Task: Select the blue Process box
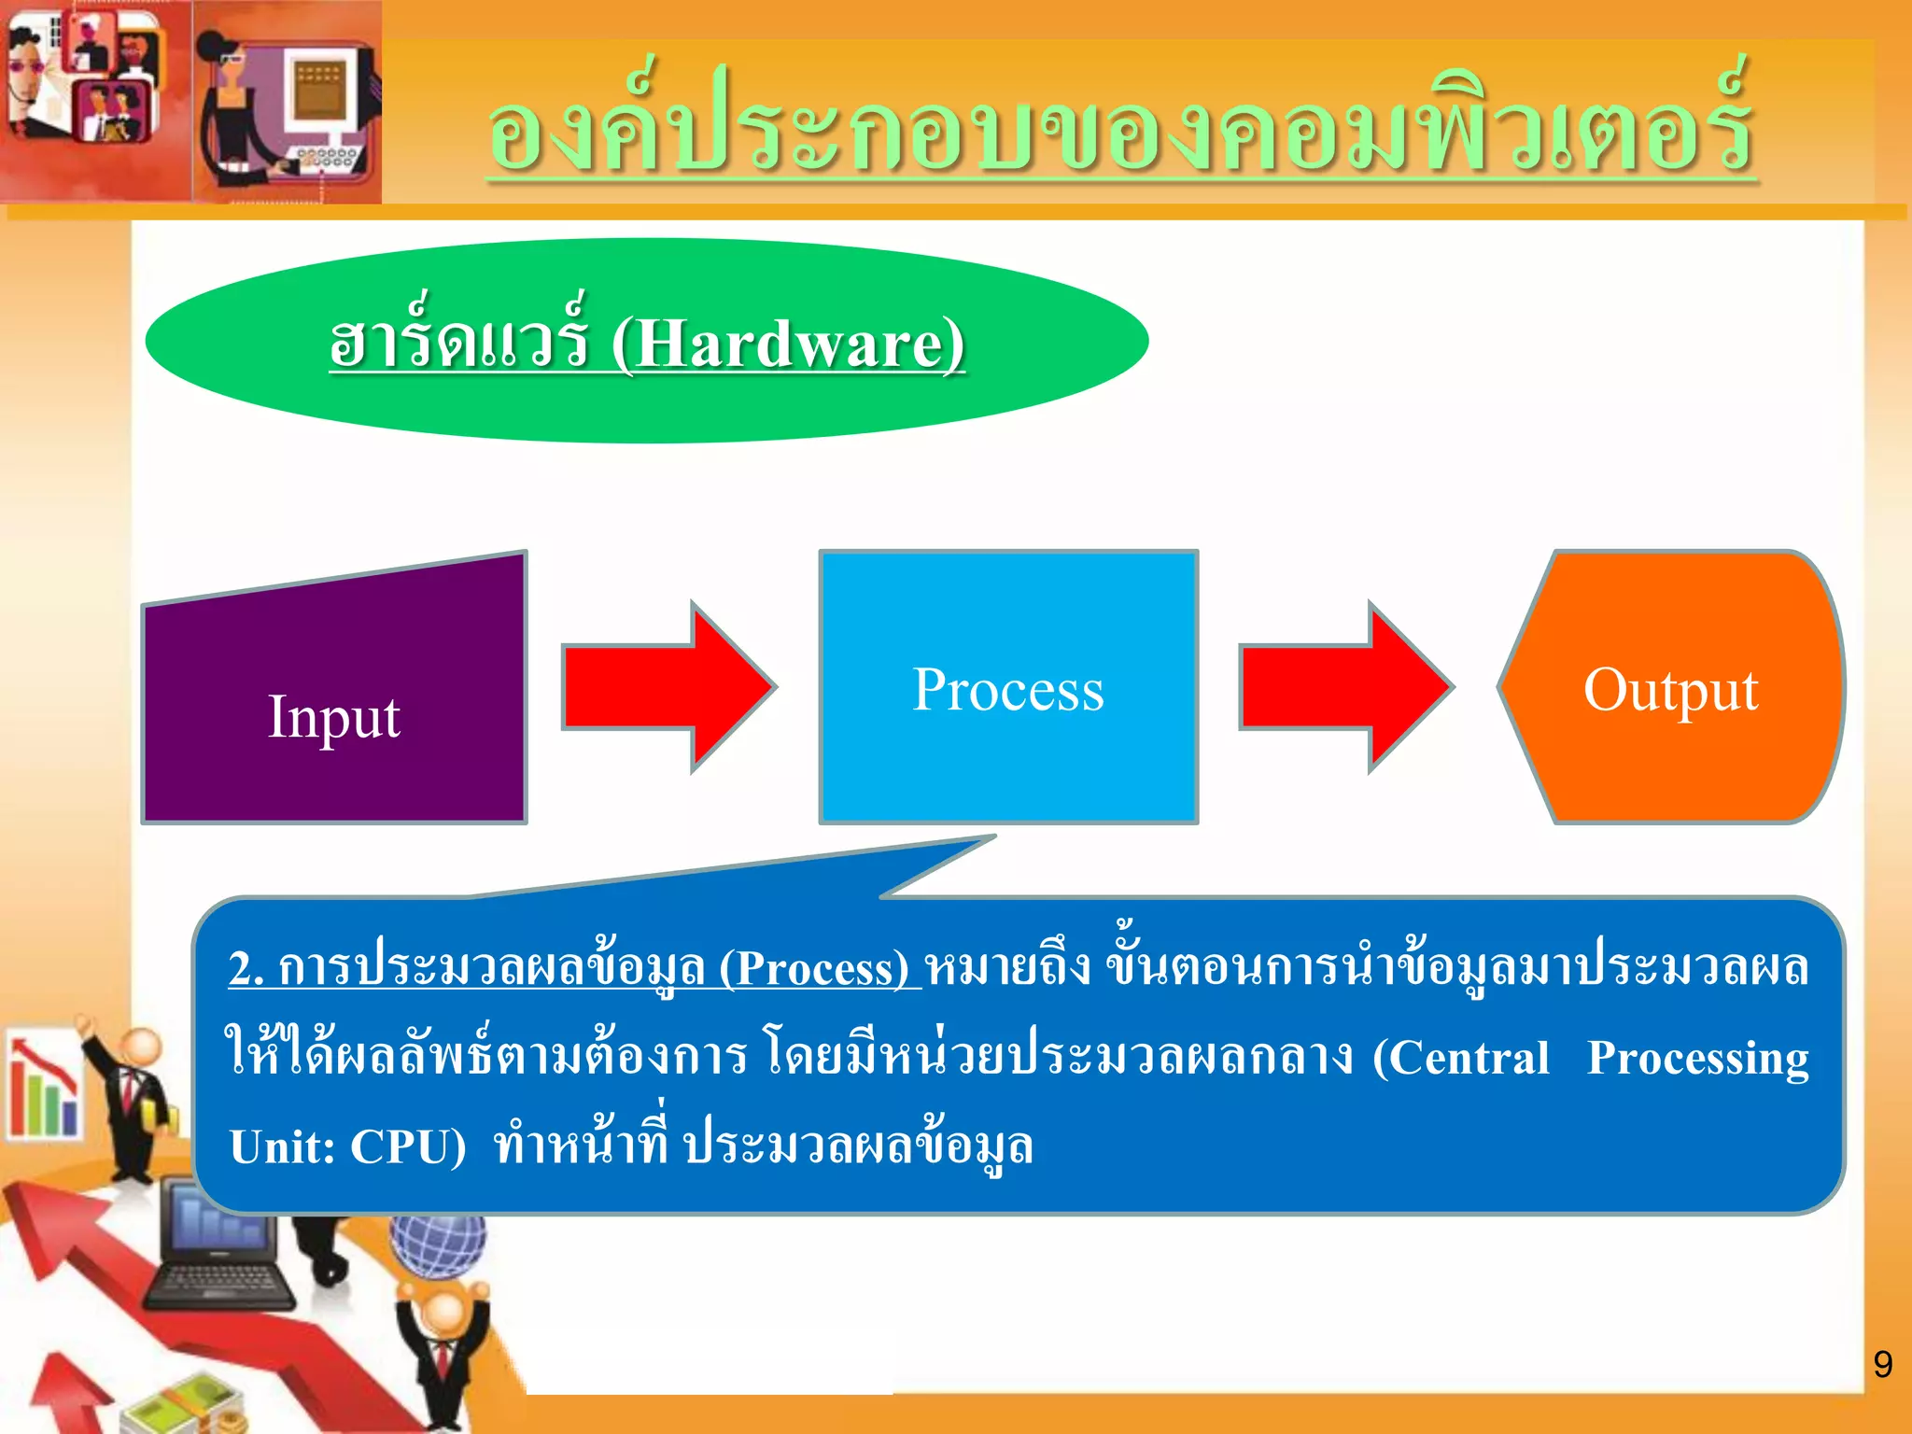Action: point(1008,738)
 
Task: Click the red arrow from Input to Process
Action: point(668,687)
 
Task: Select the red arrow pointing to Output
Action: point(1344,687)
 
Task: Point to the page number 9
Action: point(1882,1364)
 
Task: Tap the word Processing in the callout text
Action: point(1697,1058)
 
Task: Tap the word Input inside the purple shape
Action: point(333,717)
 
